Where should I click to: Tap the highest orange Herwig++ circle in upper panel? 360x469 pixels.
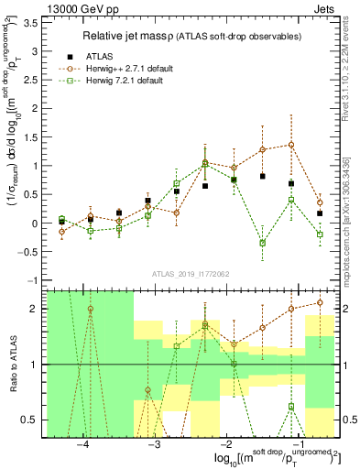click(290, 144)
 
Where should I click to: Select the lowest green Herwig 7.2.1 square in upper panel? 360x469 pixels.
click(262, 243)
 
